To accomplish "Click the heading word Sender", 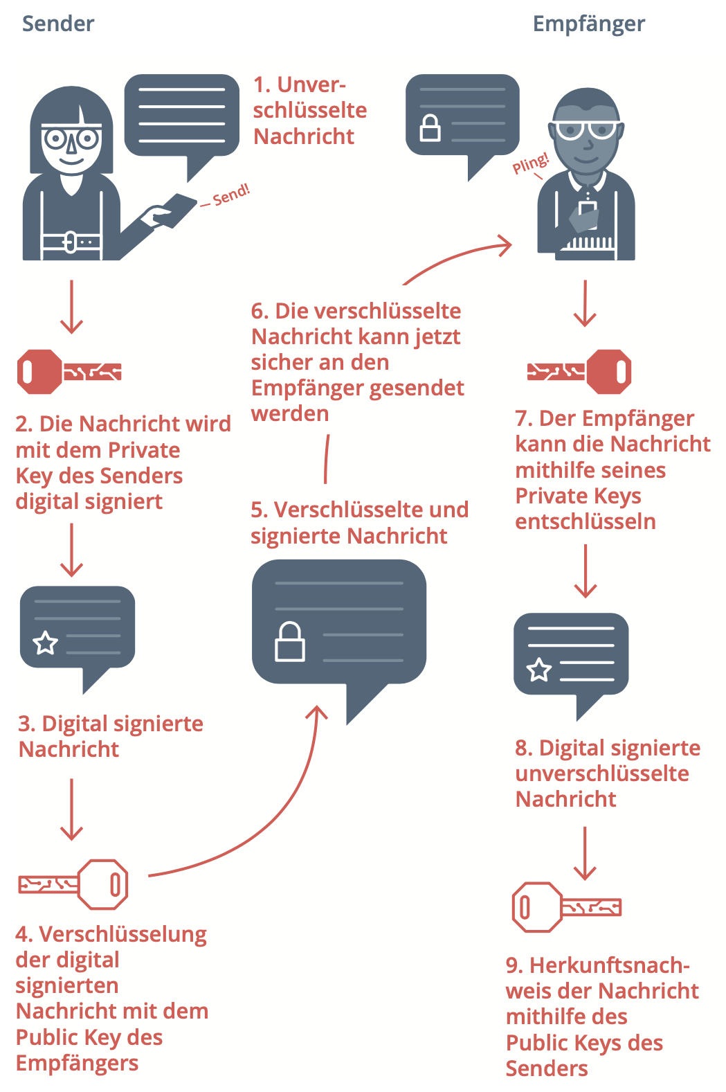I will click(58, 24).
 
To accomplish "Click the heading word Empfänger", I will click(588, 24).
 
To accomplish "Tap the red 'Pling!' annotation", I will click(530, 164).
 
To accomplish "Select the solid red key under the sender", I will click(69, 372).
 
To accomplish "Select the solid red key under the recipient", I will click(579, 371).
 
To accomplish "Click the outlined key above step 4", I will click(73, 884).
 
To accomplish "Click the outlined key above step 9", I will click(566, 906).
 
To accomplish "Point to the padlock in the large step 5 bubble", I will click(290, 642).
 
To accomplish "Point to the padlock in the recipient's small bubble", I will click(430, 128).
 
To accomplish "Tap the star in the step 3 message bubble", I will click(46, 643).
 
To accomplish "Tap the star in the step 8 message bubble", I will click(539, 670).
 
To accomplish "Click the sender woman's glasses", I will click(71, 138).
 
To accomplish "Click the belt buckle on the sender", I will click(71, 242).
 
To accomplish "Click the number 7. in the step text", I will click(523, 419).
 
